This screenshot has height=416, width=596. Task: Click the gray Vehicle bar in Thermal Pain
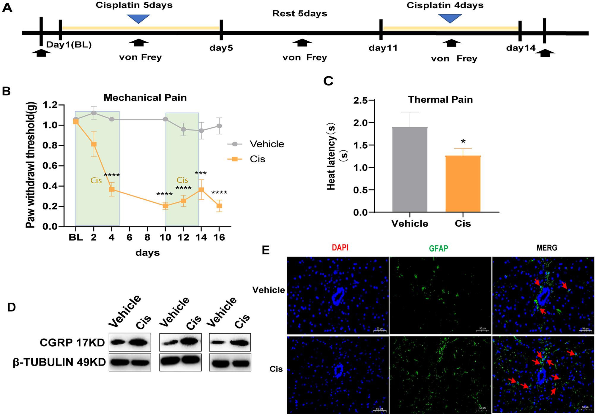(x=410, y=169)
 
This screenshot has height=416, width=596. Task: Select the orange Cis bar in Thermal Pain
(x=463, y=184)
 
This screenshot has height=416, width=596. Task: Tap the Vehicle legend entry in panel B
(x=267, y=144)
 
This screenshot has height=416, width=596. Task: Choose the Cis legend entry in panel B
(x=257, y=159)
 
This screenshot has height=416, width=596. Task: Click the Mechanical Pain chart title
(x=145, y=98)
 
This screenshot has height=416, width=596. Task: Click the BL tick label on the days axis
(x=76, y=238)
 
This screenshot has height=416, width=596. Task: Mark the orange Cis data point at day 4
(x=112, y=189)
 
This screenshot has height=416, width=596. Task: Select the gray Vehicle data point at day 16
(x=219, y=126)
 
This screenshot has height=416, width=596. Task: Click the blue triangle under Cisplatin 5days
(x=138, y=18)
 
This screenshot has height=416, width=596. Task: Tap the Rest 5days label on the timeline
(x=299, y=14)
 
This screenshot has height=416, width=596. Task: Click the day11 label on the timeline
(x=383, y=48)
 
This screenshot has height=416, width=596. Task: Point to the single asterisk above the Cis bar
(x=463, y=142)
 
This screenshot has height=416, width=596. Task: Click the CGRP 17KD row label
(x=72, y=343)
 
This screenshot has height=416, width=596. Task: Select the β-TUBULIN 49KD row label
(x=59, y=362)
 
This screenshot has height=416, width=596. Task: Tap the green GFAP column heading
(x=438, y=248)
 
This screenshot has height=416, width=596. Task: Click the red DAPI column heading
(x=340, y=247)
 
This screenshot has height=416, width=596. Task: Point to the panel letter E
(x=266, y=250)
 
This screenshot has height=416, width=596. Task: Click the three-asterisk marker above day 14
(x=201, y=174)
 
